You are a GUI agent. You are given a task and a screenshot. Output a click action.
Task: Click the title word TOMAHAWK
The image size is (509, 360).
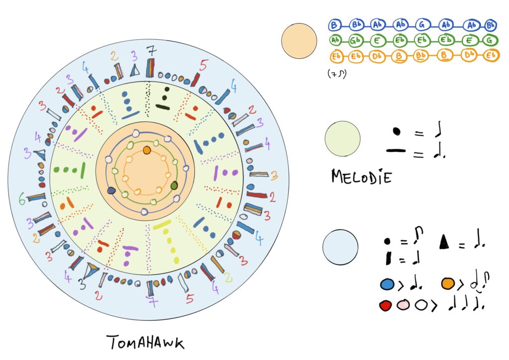click(x=146, y=343)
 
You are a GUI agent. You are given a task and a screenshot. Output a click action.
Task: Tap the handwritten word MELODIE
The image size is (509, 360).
click(x=361, y=176)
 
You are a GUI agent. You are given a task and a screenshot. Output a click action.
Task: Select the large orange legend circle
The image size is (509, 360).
click(x=299, y=41)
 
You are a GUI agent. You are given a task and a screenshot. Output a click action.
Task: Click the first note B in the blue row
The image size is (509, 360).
click(x=335, y=24)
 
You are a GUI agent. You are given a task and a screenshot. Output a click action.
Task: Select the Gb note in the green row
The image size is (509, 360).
click(x=356, y=40)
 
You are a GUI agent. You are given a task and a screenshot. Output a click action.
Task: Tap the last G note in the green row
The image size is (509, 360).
click(x=490, y=40)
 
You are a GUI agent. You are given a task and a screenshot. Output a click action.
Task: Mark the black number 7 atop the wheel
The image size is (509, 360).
click(x=151, y=50)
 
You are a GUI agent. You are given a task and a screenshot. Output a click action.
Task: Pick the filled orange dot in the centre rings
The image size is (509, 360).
click(x=147, y=150)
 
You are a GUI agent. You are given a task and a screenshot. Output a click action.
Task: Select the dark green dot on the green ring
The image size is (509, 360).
click(x=174, y=185)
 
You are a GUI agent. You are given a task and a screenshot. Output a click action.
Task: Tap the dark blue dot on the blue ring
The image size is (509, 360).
click(x=111, y=190)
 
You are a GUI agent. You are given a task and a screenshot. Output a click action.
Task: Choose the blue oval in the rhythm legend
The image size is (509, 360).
click(x=387, y=284)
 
